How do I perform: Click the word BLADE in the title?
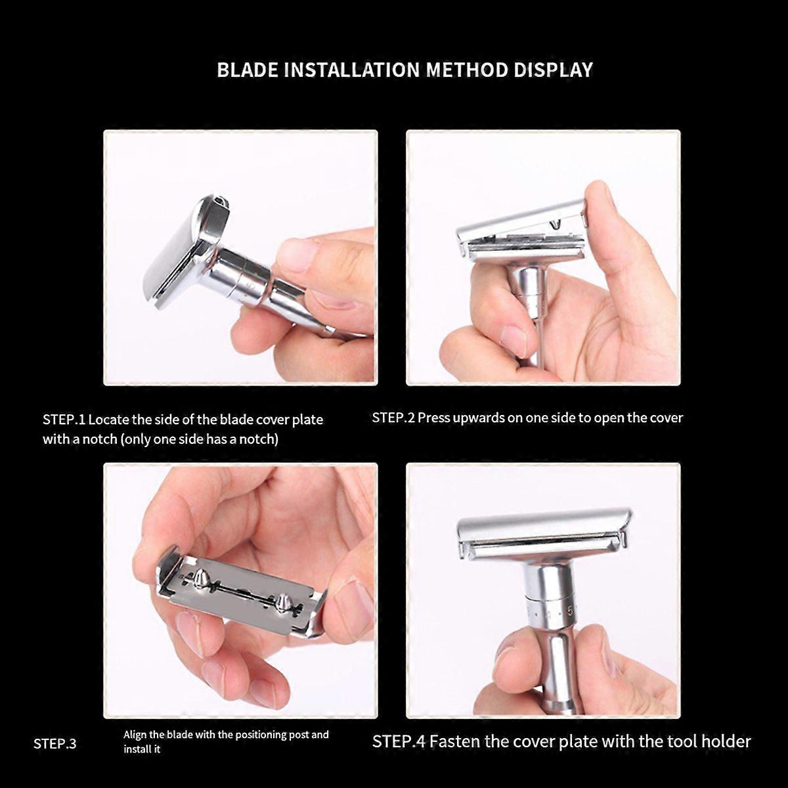click(x=248, y=70)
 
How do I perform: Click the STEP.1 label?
click(x=64, y=420)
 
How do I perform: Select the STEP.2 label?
click(x=393, y=418)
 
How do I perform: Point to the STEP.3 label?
click(x=55, y=744)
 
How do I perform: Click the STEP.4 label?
click(x=399, y=742)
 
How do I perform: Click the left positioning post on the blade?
click(x=201, y=578)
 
